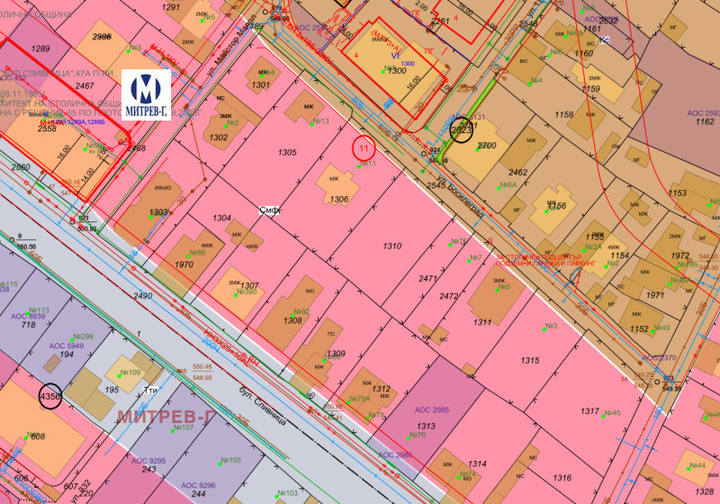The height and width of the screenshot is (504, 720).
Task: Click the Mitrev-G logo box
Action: tap(146, 93)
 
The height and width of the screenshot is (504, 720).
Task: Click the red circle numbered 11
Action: tap(364, 148)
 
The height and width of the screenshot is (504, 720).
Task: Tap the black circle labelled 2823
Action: tap(462, 130)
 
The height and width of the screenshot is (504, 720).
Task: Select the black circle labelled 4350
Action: tap(50, 396)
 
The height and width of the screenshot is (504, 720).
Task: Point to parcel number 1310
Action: tap(392, 246)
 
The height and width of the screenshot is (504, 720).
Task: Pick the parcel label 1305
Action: tap(287, 153)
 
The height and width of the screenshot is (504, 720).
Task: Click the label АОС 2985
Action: tap(431, 409)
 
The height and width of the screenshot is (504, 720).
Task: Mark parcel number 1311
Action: tap(482, 321)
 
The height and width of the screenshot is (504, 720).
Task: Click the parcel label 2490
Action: tap(143, 295)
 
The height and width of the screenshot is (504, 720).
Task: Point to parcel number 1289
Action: tap(40, 49)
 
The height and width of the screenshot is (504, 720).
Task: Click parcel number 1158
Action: tap(564, 114)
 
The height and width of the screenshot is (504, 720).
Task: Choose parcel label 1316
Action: tap(562, 478)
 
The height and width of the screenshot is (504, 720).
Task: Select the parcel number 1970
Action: tap(184, 265)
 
